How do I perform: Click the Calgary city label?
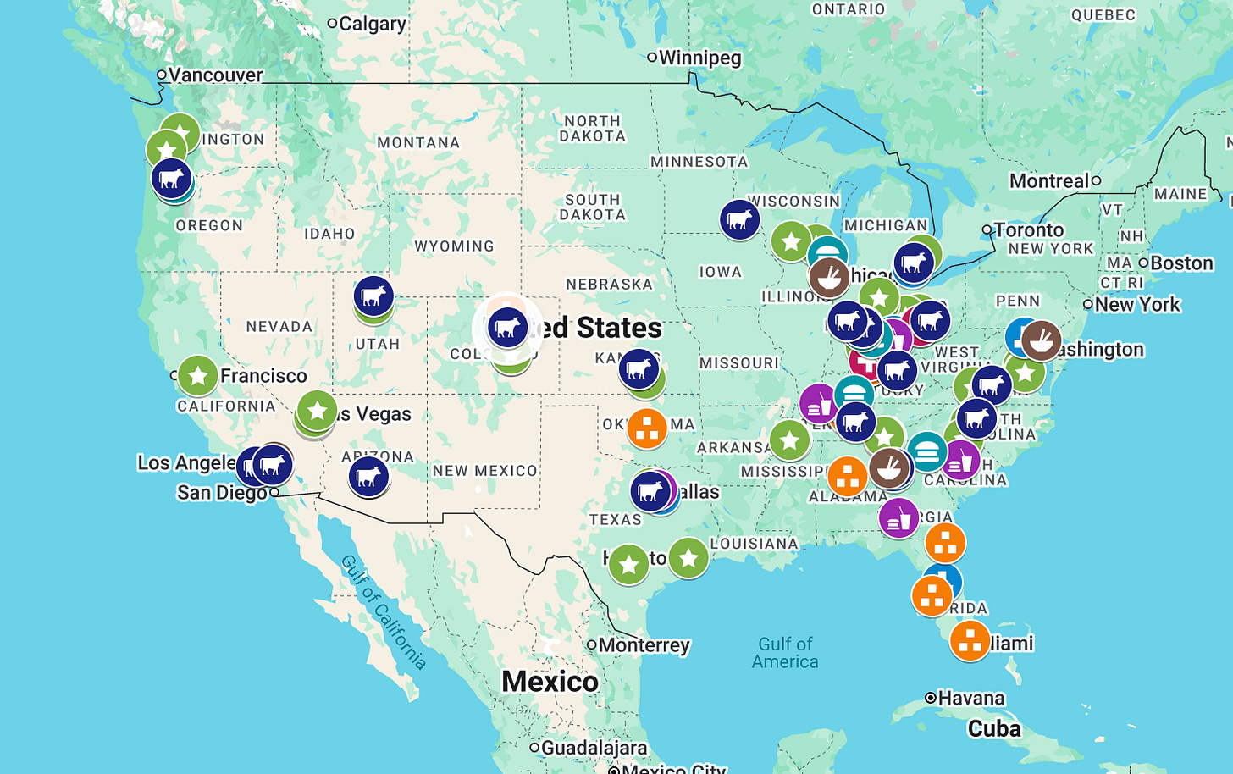(372, 24)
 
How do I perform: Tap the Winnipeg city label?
(699, 58)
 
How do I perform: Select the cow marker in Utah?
(373, 296)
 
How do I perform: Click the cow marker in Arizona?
(368, 476)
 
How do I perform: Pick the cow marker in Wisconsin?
(739, 219)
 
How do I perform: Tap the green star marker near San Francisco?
(197, 376)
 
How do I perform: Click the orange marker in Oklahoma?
(647, 428)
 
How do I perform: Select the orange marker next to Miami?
(970, 640)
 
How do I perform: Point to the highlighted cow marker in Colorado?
(507, 328)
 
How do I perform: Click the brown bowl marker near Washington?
(1041, 340)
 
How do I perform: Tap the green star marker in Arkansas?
(789, 440)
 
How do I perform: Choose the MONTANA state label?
(418, 143)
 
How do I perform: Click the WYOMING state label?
(454, 246)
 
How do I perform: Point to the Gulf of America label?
(785, 653)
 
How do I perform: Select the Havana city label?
(970, 699)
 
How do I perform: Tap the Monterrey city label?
(644, 645)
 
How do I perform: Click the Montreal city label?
(1049, 181)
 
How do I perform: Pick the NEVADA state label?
(279, 327)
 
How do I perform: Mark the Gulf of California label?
(383, 611)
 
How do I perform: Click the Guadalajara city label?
(594, 748)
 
